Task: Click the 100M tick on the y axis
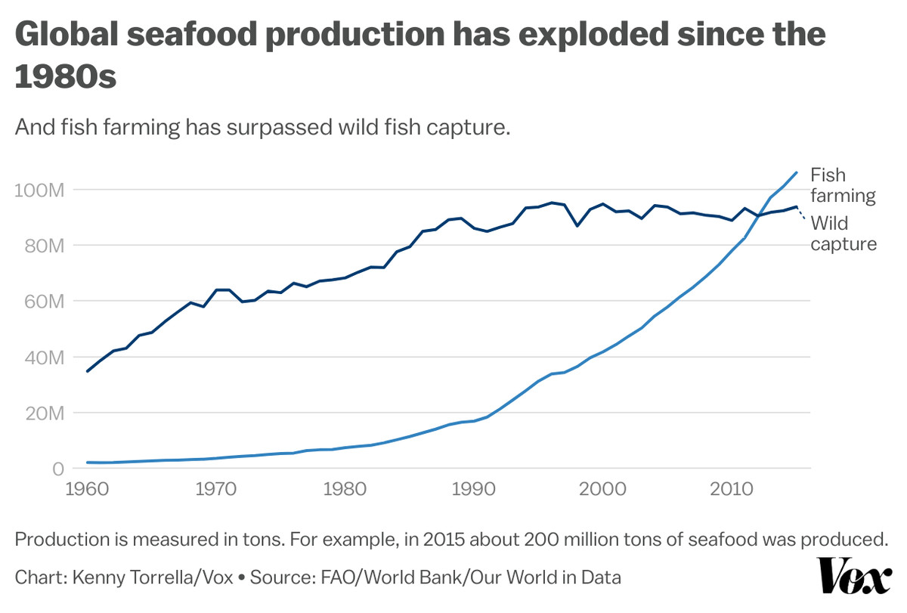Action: [38, 190]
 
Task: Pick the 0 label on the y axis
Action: [57, 469]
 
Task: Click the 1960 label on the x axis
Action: [88, 490]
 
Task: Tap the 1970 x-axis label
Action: [216, 490]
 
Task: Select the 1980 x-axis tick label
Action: [345, 490]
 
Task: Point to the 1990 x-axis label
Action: [473, 490]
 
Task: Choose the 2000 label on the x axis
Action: [602, 490]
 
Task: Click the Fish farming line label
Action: [842, 185]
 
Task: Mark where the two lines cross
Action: [758, 216]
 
